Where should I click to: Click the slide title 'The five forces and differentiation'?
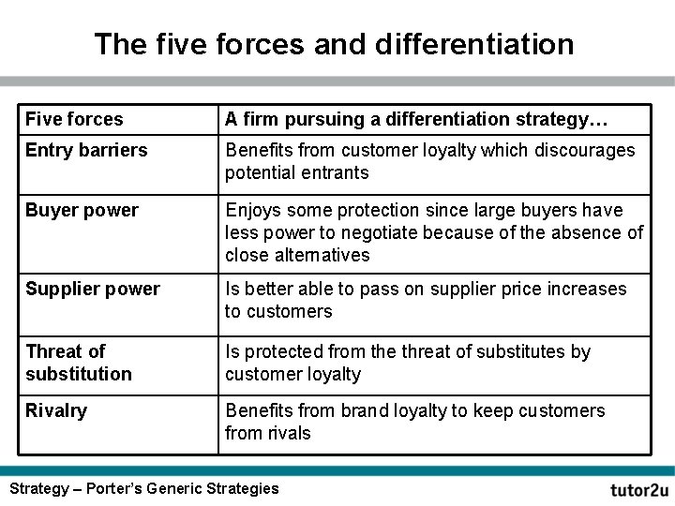pos(334,43)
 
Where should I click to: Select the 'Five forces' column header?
pos(74,119)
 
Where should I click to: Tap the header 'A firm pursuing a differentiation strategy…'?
pos(416,119)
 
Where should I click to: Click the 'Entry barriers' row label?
pos(86,150)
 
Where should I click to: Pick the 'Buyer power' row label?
pos(82,210)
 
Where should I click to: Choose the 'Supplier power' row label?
pos(93,289)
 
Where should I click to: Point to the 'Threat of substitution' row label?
pos(79,363)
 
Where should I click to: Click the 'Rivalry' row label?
pos(56,410)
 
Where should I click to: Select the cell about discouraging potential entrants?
pos(429,161)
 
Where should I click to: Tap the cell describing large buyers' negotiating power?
pos(434,232)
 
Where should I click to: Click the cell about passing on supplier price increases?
pos(426,300)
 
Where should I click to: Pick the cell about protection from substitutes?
pos(408,363)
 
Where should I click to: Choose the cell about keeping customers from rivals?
pos(415,422)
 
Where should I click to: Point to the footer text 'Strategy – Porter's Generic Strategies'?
pos(143,488)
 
